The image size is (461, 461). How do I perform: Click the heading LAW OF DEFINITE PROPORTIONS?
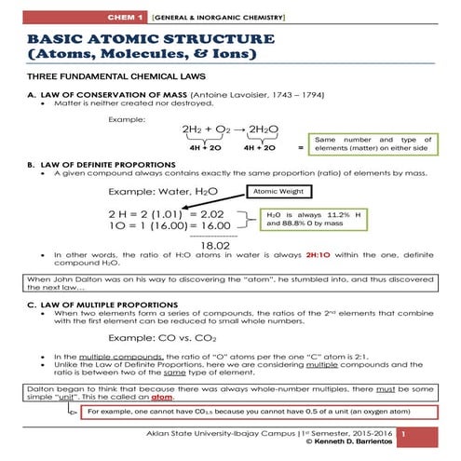tap(117, 163)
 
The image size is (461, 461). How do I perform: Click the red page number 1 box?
tap(403, 435)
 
